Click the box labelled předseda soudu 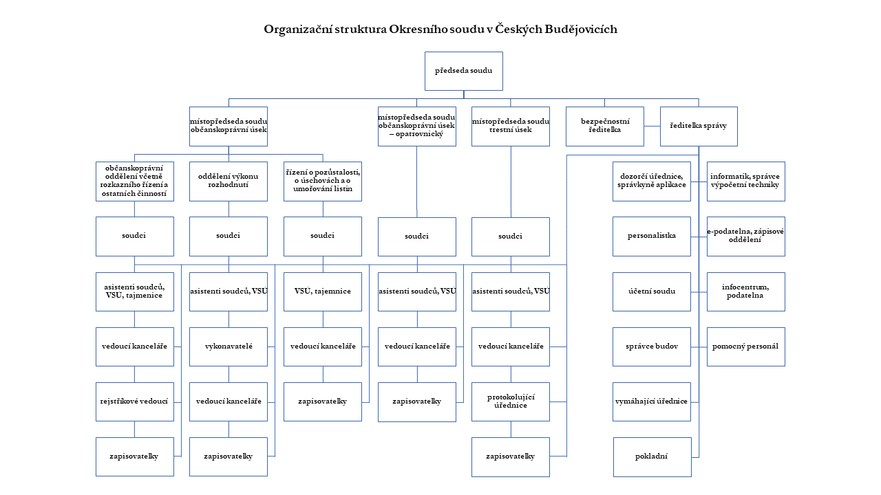[463, 71]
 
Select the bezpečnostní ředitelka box [604, 126]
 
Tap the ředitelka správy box [698, 126]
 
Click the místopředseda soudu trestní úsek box [510, 126]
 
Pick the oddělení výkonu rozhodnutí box [228, 181]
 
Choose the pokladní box [652, 456]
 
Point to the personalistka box [651, 236]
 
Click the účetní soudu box [651, 291]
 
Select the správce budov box [651, 346]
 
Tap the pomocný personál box [745, 346]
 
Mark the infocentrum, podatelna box [745, 291]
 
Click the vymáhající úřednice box [651, 401]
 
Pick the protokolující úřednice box [510, 401]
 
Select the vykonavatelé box [228, 346]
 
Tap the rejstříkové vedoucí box [134, 401]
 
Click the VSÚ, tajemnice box [322, 291]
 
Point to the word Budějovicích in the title [581, 30]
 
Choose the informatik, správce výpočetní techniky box [745, 181]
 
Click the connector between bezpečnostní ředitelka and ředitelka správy [652, 126]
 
